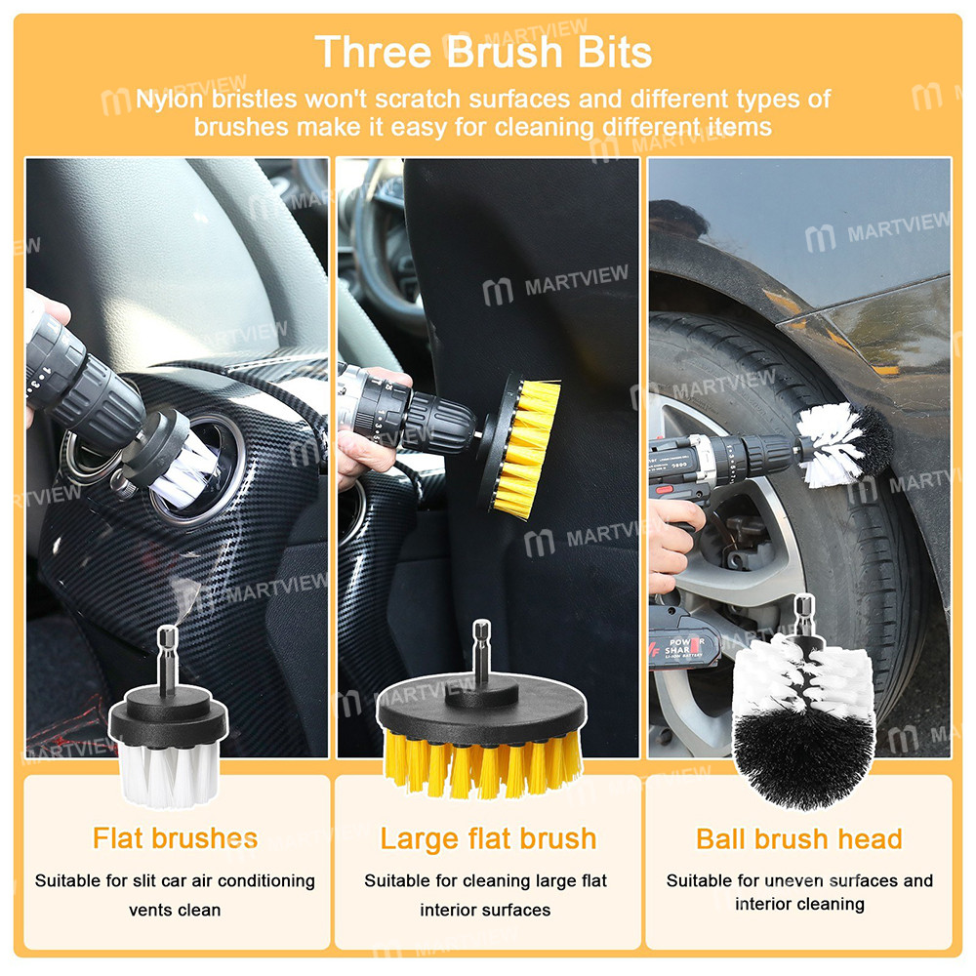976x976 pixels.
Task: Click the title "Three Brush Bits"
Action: (x=485, y=51)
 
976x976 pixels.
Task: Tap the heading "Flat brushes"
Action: (x=176, y=837)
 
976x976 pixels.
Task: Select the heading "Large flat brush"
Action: (x=488, y=838)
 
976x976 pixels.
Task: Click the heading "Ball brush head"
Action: (x=799, y=838)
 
